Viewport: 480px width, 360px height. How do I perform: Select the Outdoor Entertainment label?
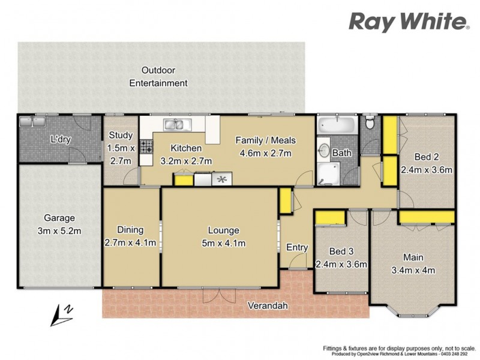[159, 76]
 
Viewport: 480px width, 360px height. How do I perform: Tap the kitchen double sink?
[177, 125]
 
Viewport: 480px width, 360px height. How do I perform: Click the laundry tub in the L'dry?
[31, 122]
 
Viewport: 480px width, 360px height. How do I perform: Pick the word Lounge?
[223, 230]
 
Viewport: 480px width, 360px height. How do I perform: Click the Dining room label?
[130, 230]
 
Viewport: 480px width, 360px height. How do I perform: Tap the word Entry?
[297, 247]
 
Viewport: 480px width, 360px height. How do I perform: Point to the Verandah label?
[268, 306]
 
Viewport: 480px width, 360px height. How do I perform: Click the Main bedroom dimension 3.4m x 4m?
[413, 269]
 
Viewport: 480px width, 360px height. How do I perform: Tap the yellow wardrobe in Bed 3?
[329, 218]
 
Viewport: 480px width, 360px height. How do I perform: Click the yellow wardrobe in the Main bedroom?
[426, 216]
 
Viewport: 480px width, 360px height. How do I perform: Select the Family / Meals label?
[266, 140]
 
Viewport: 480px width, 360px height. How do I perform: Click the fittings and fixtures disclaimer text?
[398, 348]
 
